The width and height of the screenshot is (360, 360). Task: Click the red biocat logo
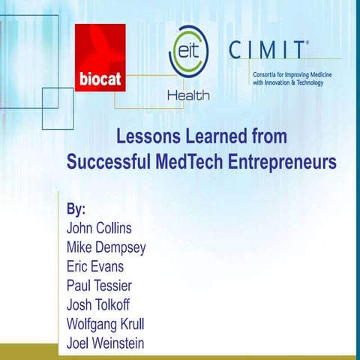click(x=100, y=57)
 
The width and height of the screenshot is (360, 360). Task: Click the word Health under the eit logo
click(x=187, y=96)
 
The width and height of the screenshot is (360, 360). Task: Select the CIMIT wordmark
click(x=267, y=50)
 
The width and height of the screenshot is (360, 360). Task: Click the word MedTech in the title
click(x=194, y=161)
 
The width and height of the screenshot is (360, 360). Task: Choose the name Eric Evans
click(x=95, y=265)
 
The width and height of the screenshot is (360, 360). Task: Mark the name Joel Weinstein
click(x=105, y=343)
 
